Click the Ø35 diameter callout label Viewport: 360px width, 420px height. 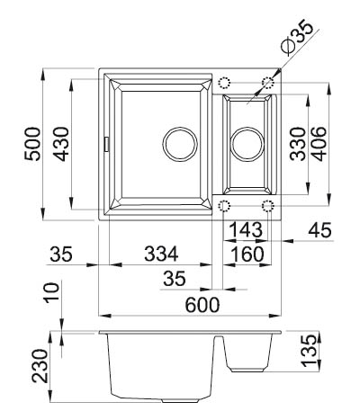[297, 37]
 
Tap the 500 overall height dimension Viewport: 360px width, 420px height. [32, 144]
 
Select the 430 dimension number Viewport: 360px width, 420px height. [60, 144]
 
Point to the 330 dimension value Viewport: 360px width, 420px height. [298, 144]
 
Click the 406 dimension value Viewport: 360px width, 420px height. [319, 144]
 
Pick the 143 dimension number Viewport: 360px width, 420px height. [246, 230]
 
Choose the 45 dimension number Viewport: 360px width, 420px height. [320, 230]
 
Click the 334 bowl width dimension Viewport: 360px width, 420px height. [161, 254]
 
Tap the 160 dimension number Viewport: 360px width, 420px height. [247, 254]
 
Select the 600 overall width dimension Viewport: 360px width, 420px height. [202, 305]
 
